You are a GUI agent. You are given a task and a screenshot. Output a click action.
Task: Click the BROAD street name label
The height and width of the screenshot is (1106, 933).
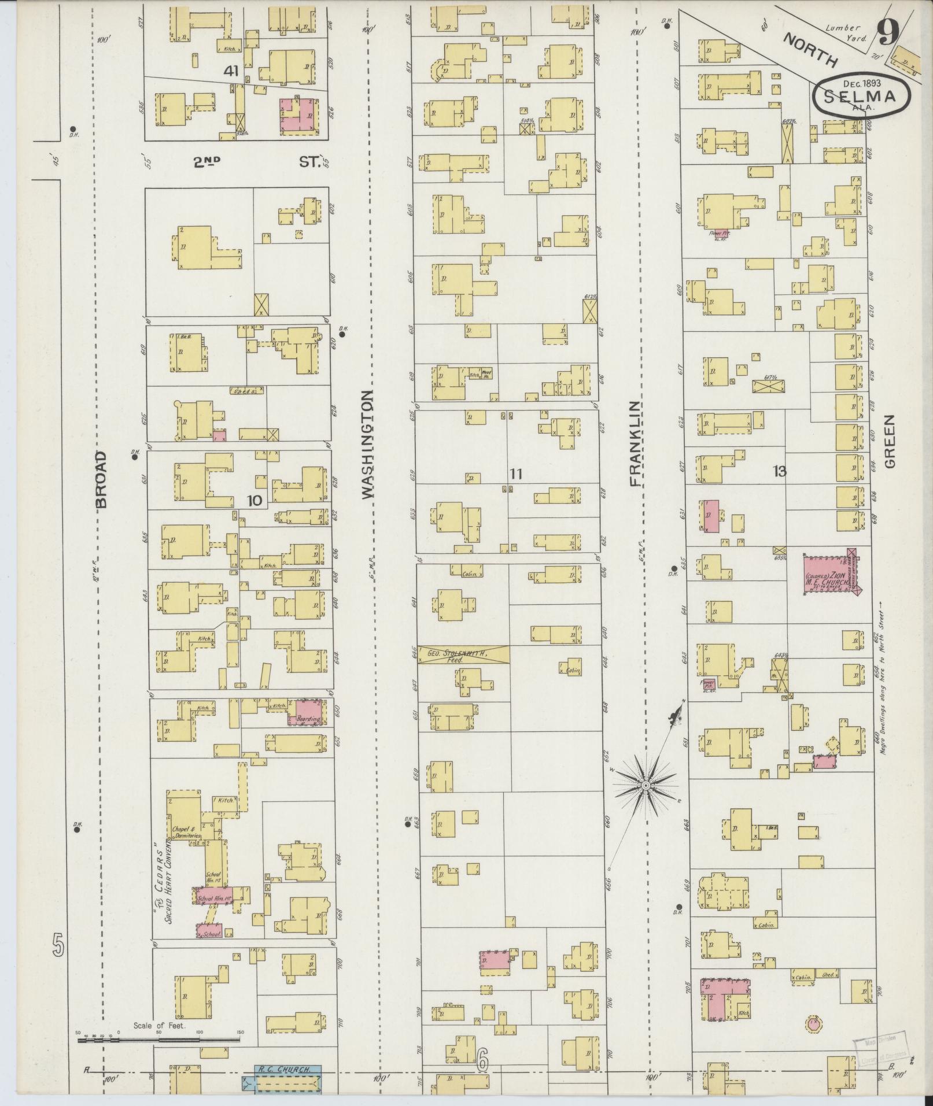tap(102, 479)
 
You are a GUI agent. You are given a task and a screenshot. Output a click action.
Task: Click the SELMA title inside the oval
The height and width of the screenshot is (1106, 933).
tap(860, 96)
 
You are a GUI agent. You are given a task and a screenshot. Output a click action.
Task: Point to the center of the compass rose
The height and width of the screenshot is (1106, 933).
tap(646, 785)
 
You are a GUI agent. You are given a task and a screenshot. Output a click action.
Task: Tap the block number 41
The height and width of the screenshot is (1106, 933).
tap(232, 71)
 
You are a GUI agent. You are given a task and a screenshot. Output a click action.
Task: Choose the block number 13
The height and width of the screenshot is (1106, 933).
tap(779, 472)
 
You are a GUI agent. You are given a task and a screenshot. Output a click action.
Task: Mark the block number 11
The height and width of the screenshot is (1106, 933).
tap(516, 474)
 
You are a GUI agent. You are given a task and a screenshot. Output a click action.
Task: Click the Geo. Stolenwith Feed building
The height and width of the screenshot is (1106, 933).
tap(463, 654)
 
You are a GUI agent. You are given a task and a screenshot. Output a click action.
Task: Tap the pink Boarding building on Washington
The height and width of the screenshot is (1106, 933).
tap(308, 712)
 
